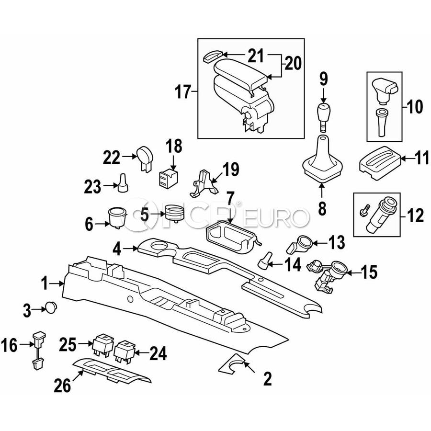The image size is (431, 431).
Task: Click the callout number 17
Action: (183, 91)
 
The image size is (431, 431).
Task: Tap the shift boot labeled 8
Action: (322, 159)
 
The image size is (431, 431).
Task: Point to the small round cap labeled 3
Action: (51, 307)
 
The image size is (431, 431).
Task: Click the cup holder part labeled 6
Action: (118, 217)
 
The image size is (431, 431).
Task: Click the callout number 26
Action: (62, 385)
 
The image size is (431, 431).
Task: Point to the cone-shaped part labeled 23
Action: (123, 183)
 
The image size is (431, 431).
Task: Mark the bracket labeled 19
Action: (204, 183)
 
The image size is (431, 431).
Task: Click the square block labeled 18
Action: (168, 178)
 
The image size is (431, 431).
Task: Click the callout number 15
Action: (369, 272)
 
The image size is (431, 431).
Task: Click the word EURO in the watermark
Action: (276, 217)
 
